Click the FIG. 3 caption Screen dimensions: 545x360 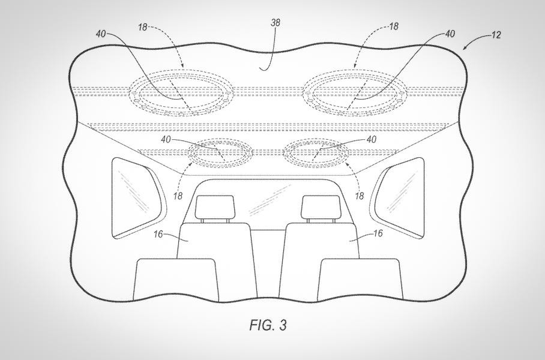268,325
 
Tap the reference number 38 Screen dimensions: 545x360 276,23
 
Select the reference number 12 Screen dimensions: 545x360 496,35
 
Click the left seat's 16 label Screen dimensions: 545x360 158,234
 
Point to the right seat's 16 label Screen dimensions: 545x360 378,233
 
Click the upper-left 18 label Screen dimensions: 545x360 143,27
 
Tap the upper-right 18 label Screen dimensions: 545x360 394,26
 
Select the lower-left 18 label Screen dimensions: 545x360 178,196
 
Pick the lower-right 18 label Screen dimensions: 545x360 360,196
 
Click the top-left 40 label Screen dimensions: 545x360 101,34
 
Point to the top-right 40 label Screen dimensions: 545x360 450,34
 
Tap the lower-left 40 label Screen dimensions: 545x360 166,139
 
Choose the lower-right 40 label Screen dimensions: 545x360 371,139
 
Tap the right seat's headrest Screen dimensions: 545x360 321,207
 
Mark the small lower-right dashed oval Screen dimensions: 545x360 316,139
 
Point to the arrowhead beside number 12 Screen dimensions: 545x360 465,48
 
